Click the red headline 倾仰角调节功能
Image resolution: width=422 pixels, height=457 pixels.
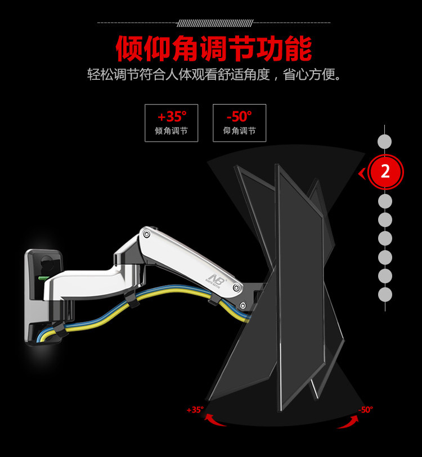pos(213,49)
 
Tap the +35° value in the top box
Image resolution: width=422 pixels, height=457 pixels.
pos(171,116)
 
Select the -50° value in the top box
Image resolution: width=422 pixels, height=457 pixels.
pos(239,116)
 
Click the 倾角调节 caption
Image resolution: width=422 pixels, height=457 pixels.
pos(171,131)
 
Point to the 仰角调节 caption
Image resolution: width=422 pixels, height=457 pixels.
pos(239,131)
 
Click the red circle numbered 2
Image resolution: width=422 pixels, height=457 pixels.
pos(385,171)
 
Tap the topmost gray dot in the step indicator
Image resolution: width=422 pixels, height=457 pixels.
pos(385,141)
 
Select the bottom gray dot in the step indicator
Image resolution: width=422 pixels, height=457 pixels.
pos(385,295)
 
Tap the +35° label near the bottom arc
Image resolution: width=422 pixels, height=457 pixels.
pos(195,410)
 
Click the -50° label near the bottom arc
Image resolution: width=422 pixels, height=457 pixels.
pos(365,410)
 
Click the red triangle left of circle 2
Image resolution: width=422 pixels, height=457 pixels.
pos(361,173)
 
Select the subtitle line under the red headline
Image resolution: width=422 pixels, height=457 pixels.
pos(214,75)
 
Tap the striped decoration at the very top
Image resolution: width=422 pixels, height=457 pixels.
pos(214,23)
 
